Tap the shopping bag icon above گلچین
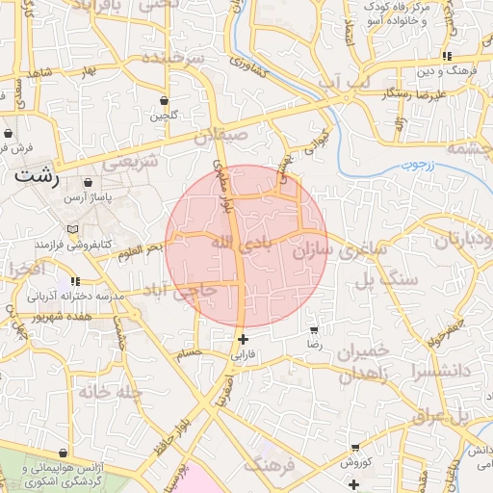click(164, 100)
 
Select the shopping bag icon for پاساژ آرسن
click(89, 181)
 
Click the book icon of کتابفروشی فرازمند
click(73, 229)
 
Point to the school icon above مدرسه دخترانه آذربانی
click(75, 281)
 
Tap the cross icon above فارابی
click(243, 339)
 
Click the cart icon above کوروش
click(355, 448)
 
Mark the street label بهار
click(90, 72)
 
